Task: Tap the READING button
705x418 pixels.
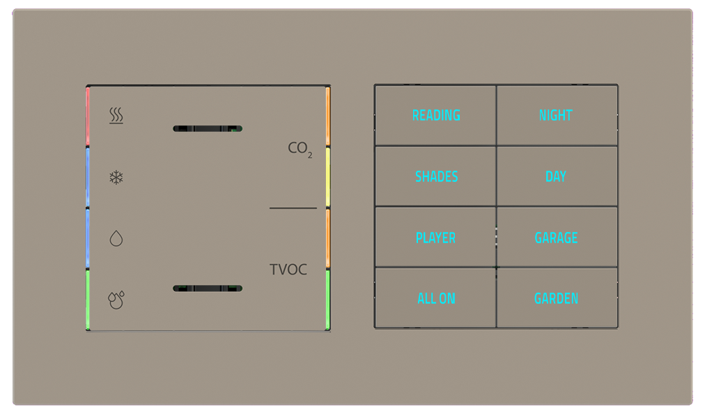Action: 436,116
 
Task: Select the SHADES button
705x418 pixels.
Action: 436,176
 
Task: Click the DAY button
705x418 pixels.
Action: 556,176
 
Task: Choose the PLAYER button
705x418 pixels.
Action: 435,238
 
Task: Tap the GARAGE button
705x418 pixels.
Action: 556,238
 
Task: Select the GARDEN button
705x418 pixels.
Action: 556,298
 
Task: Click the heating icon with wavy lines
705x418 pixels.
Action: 116,116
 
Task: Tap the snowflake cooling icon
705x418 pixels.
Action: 116,178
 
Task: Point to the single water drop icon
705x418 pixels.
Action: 116,239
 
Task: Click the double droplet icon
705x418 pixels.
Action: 116,300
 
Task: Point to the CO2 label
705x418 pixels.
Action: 300,148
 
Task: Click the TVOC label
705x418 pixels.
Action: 288,270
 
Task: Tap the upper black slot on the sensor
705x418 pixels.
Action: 208,129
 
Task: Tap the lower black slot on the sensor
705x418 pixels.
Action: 208,288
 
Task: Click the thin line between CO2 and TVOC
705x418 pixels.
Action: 293,208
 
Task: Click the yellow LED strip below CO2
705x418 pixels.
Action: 327,178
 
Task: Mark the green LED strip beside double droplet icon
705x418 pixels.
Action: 88,300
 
